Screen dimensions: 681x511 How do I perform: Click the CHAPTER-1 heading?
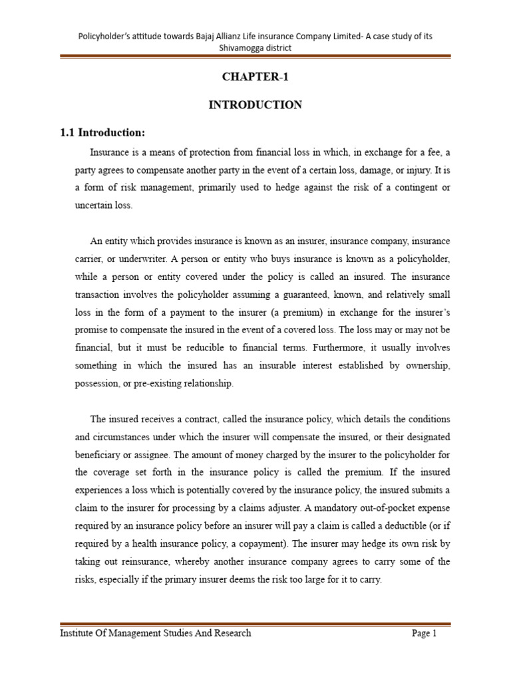pyautogui.click(x=255, y=76)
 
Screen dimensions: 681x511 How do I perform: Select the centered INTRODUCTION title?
pyautogui.click(x=255, y=104)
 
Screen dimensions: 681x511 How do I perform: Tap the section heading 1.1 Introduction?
pyautogui.click(x=102, y=133)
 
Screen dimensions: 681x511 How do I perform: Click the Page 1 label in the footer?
pyautogui.click(x=424, y=634)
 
